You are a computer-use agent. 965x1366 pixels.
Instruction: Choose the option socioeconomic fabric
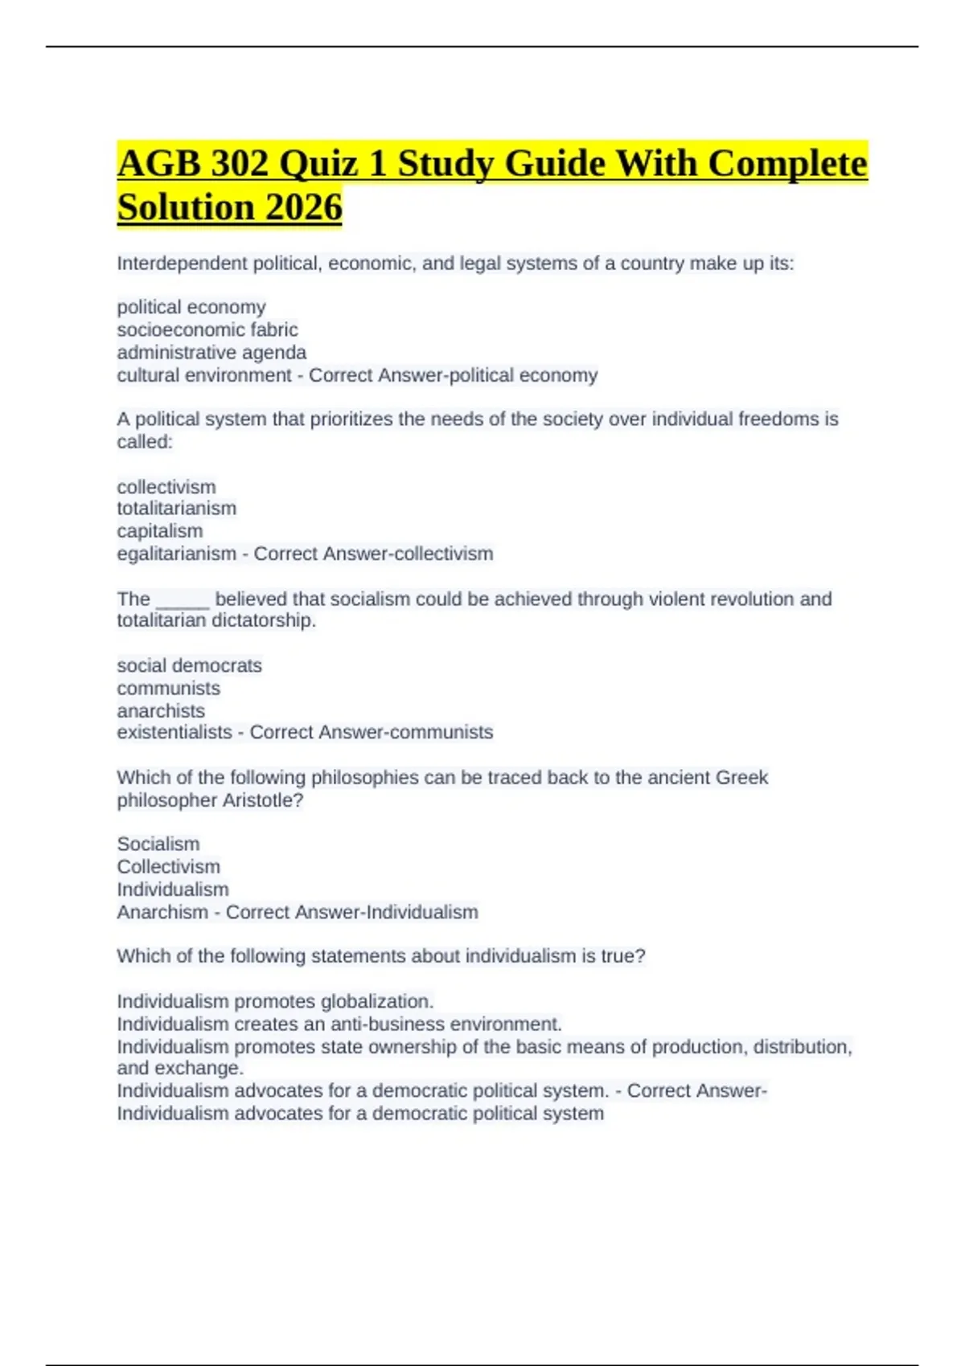pos(207,329)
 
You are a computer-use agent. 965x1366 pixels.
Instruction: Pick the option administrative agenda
pos(211,352)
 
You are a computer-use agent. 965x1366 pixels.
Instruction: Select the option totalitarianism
pos(177,508)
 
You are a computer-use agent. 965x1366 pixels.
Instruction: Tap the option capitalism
pos(160,530)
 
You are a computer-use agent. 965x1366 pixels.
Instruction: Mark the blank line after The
pos(183,599)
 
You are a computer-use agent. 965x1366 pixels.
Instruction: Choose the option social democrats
pos(190,665)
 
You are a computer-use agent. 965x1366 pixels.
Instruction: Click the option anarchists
pos(161,710)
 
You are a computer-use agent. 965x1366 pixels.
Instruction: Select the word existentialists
pos(175,732)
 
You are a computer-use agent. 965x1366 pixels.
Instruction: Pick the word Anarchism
pos(162,912)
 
